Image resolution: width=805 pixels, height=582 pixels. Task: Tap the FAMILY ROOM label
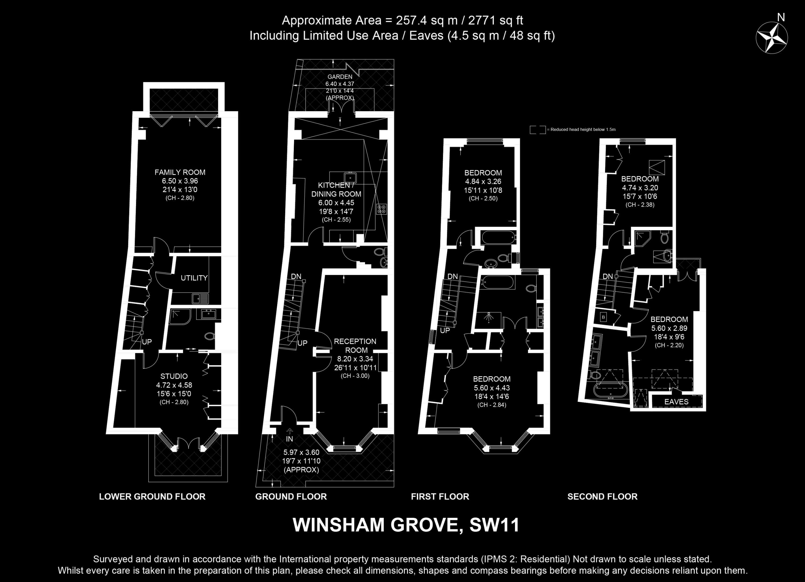coord(180,172)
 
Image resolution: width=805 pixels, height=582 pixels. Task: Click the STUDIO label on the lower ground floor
coord(174,376)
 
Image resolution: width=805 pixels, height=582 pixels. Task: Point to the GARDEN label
coord(340,77)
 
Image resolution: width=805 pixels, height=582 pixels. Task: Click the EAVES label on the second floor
coord(676,402)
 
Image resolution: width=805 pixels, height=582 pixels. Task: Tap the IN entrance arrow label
coord(290,439)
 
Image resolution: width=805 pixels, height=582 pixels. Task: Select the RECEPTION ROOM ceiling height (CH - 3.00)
coord(355,376)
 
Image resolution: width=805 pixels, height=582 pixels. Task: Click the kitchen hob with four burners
coord(382,209)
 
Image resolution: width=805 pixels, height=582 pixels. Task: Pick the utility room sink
coord(200,298)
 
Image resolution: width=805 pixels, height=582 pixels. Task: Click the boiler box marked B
coord(603,317)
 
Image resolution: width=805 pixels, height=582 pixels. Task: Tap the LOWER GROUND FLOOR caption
coord(152,496)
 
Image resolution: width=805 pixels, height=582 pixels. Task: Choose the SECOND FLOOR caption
coord(602,496)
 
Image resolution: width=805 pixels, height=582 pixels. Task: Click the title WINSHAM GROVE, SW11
coord(406,525)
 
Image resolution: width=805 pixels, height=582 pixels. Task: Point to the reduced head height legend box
coord(538,130)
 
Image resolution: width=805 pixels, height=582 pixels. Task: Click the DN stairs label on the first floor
coord(453,276)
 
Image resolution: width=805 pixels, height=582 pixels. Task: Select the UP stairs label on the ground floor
coord(302,343)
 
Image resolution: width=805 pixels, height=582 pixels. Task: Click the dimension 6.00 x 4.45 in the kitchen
coord(336,203)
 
